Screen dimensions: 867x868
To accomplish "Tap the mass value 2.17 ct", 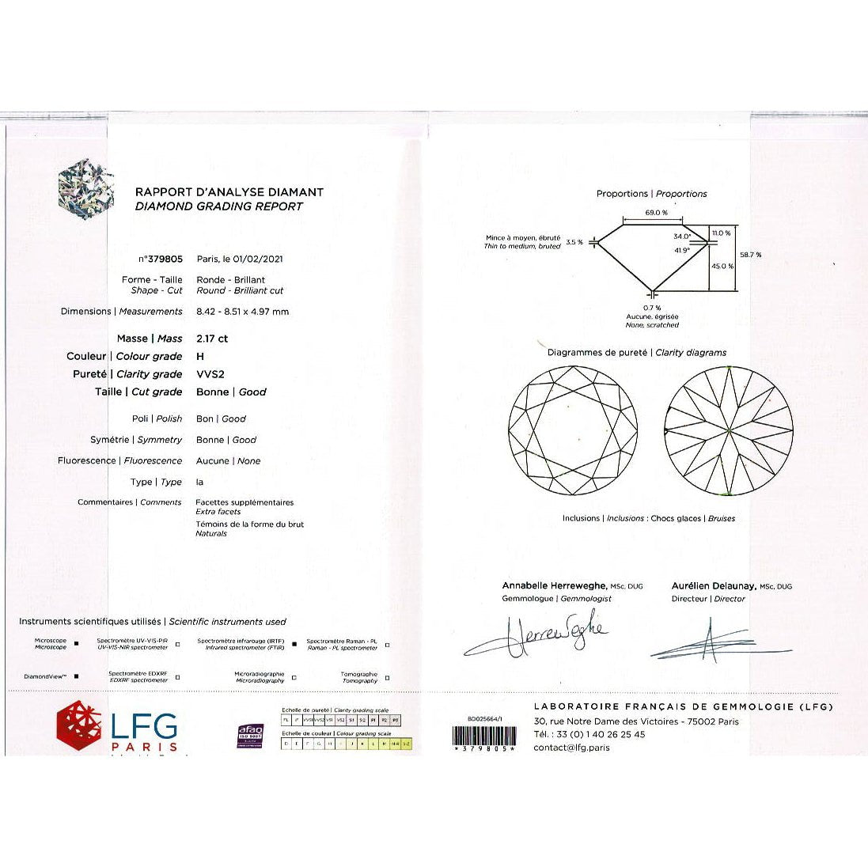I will click(x=212, y=339).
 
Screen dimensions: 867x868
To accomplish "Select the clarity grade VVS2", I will click(x=210, y=374).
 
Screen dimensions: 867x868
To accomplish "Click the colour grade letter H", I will click(x=200, y=357).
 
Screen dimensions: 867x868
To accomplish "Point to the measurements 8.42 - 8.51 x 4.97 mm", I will click(x=242, y=312).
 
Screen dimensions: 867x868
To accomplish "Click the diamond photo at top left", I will click(x=86, y=189).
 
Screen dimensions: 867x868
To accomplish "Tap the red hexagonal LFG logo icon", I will click(x=79, y=725).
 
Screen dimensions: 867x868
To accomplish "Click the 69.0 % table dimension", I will click(x=656, y=213).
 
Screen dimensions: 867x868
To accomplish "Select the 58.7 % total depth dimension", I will click(x=750, y=255).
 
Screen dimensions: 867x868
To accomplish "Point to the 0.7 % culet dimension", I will click(x=652, y=308).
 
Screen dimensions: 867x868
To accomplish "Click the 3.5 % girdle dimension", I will click(x=574, y=243).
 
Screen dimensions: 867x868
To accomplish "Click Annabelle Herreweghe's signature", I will click(x=538, y=638).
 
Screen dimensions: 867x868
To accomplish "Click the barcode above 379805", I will click(x=483, y=735).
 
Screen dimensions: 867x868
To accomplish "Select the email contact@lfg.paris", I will click(x=571, y=748).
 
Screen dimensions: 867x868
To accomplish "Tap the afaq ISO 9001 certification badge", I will click(x=251, y=735).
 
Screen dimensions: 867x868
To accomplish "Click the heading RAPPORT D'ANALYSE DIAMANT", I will click(x=229, y=192).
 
